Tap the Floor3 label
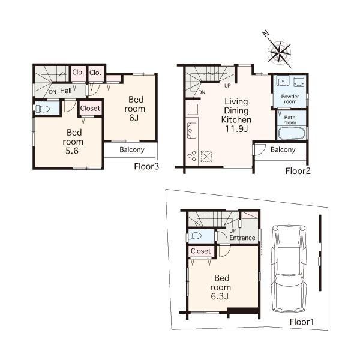coord(147,166)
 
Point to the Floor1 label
coord(302,322)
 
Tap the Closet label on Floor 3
coord(90,109)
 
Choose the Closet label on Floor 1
coord(200,251)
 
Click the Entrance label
coord(242,238)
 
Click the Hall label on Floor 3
coord(65,91)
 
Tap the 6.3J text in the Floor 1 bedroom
coord(222,296)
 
